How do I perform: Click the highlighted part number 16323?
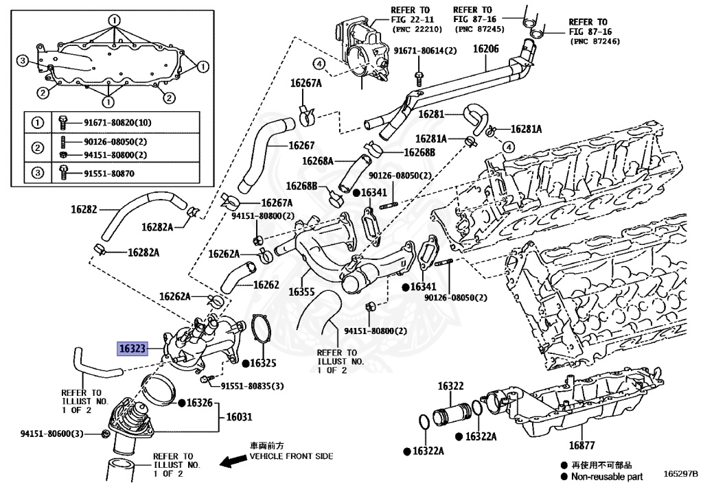(x=132, y=348)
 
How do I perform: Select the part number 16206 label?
(x=485, y=49)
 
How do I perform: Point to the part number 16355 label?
(x=301, y=292)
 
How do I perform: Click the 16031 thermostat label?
(x=240, y=416)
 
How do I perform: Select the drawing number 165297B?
(x=680, y=474)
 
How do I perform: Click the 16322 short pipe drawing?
(x=450, y=415)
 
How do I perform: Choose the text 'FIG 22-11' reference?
(x=415, y=21)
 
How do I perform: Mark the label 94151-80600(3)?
(x=51, y=434)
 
